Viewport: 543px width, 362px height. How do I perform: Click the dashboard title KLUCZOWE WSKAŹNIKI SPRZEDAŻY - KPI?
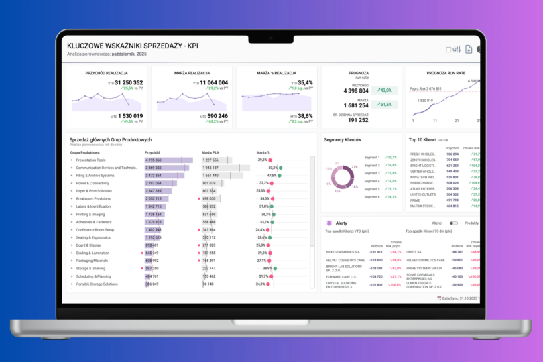click(x=132, y=46)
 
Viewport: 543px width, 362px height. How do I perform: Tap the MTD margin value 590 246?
click(x=214, y=116)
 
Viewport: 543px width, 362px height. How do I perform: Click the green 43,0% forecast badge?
click(x=384, y=90)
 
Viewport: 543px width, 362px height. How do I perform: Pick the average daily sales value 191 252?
click(x=356, y=120)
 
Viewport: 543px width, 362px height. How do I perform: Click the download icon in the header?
click(x=469, y=50)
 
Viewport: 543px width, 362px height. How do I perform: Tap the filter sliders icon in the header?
click(x=457, y=50)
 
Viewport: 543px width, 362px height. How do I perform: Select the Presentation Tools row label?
click(x=91, y=160)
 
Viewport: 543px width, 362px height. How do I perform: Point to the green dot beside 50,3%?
click(x=281, y=168)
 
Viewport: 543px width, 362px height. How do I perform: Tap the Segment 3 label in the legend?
click(x=371, y=173)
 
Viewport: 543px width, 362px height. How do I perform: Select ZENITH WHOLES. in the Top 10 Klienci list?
click(x=423, y=160)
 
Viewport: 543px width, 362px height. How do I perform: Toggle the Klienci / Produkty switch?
click(x=454, y=223)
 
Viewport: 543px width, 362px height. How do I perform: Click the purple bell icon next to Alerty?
click(x=328, y=223)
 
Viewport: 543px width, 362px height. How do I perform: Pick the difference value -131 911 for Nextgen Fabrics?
click(x=374, y=252)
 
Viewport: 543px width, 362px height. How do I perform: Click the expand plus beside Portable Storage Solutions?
click(x=72, y=284)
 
